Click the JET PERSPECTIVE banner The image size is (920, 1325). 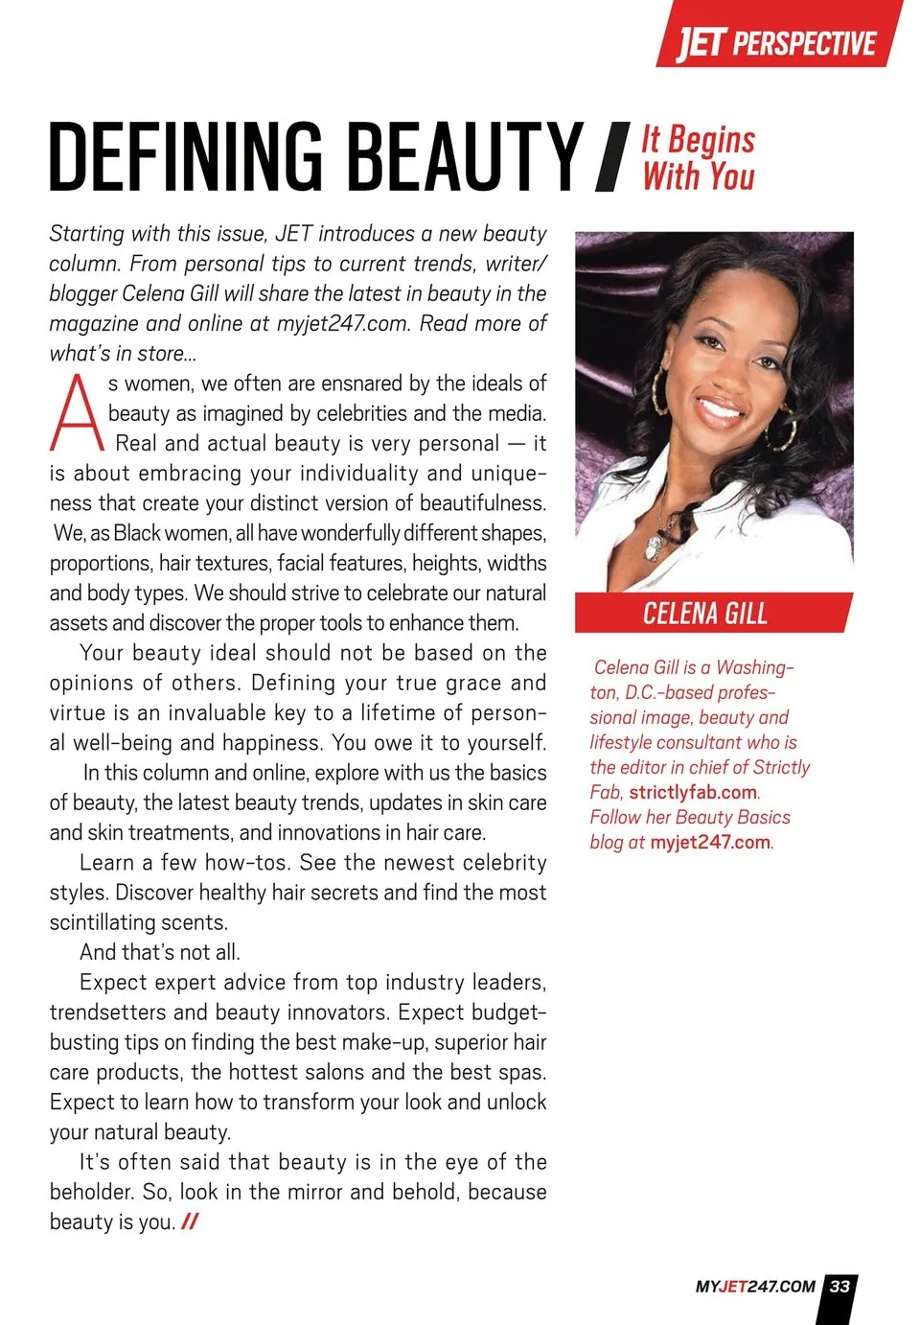777,42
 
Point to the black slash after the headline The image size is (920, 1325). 611,157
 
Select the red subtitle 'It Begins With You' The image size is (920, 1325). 699,158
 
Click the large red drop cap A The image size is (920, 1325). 76,413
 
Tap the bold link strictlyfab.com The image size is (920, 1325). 693,792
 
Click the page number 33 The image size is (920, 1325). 840,1287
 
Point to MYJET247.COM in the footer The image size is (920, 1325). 755,1287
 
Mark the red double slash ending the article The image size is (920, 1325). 190,1221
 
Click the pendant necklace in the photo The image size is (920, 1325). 655,546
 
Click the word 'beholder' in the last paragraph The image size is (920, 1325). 91,1192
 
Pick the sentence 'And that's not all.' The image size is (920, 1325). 160,952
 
